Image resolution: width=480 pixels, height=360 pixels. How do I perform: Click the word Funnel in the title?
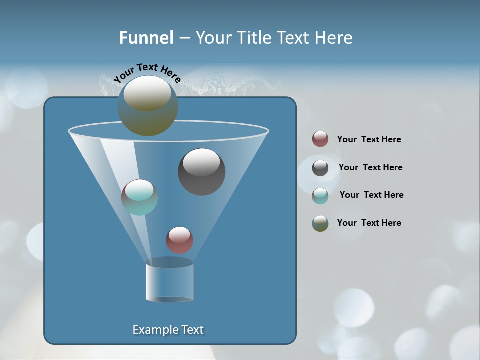click(146, 37)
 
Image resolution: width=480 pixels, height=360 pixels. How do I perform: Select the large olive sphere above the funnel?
click(147, 106)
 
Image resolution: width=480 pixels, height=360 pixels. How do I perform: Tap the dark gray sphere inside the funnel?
click(201, 172)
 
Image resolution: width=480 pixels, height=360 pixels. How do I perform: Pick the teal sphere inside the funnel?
click(139, 197)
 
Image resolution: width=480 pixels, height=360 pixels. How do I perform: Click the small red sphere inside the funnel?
click(179, 240)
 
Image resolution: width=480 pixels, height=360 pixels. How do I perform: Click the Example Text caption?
click(168, 330)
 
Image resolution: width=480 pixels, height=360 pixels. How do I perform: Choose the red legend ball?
click(320, 139)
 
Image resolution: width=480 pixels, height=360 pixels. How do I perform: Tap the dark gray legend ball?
click(320, 168)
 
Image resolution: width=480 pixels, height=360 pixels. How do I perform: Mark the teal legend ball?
click(320, 196)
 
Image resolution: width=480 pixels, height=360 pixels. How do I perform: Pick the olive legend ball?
click(320, 223)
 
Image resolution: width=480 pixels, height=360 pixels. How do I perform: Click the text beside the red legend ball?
click(369, 140)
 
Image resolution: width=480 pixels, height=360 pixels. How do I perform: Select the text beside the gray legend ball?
click(370, 167)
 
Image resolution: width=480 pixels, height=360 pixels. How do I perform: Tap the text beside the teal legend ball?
click(371, 195)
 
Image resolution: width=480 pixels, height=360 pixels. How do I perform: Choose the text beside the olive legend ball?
click(369, 223)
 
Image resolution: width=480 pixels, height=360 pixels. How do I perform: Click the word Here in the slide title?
click(334, 37)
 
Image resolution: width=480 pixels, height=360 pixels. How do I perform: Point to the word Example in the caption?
click(154, 330)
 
